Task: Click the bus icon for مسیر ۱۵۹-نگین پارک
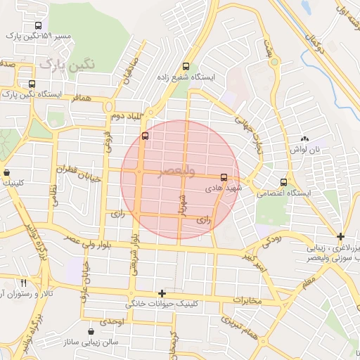(37, 25)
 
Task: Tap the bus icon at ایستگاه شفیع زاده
(185, 61)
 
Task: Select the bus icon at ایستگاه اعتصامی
(283, 182)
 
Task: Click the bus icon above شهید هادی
(224, 178)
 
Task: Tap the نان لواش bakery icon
(304, 140)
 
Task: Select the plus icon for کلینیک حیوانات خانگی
(162, 293)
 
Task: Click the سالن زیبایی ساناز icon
(91, 331)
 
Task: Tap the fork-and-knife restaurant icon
(24, 282)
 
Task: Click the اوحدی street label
(111, 321)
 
